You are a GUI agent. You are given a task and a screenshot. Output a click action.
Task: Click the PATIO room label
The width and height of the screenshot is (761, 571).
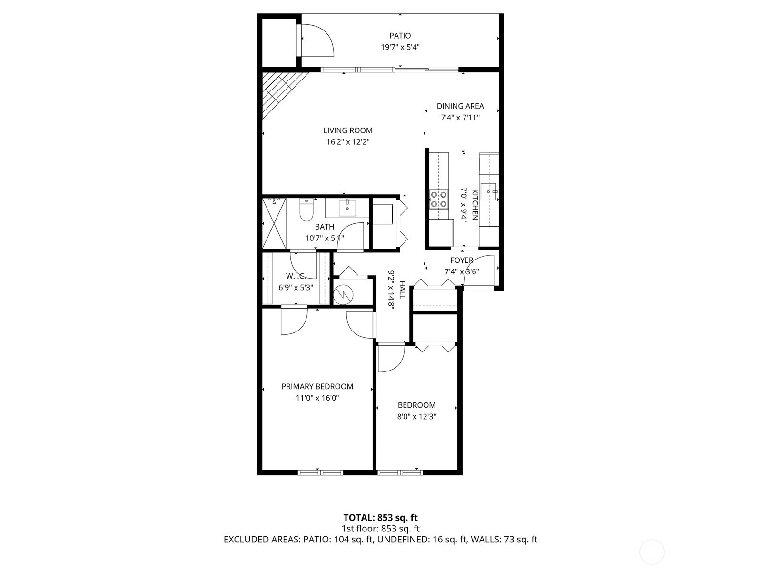click(x=400, y=36)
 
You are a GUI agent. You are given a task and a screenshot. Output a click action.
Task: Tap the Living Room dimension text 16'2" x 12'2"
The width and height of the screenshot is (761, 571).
click(x=347, y=142)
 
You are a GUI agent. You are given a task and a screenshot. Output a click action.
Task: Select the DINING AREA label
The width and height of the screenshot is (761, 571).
click(x=460, y=106)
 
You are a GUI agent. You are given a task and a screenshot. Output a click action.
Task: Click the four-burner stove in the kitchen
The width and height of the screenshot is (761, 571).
click(x=438, y=199)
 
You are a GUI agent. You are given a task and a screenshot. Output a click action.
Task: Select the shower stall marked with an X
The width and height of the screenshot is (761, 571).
click(x=274, y=223)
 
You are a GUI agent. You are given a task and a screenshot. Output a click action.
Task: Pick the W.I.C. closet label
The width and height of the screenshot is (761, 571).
click(x=295, y=276)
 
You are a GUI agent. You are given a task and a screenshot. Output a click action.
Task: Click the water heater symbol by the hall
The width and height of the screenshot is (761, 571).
click(x=342, y=294)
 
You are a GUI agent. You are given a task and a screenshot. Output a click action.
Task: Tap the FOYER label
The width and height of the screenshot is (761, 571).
click(x=462, y=260)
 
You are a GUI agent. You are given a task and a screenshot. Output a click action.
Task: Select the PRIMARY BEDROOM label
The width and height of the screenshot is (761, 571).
click(x=317, y=386)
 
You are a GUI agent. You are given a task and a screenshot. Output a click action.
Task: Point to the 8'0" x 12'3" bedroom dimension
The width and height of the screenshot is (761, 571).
click(x=417, y=416)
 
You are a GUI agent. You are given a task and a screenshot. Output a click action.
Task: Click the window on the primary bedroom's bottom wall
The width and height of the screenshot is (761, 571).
click(x=320, y=472)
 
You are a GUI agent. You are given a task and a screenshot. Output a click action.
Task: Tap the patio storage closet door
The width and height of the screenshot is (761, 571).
click(x=314, y=40)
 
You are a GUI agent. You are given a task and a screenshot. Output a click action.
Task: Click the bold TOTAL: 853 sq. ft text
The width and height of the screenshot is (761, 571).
click(x=380, y=517)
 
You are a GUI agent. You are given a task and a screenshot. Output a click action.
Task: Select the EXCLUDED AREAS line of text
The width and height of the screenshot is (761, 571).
click(x=380, y=540)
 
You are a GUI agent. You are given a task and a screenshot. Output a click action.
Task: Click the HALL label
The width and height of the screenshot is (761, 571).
click(x=402, y=290)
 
